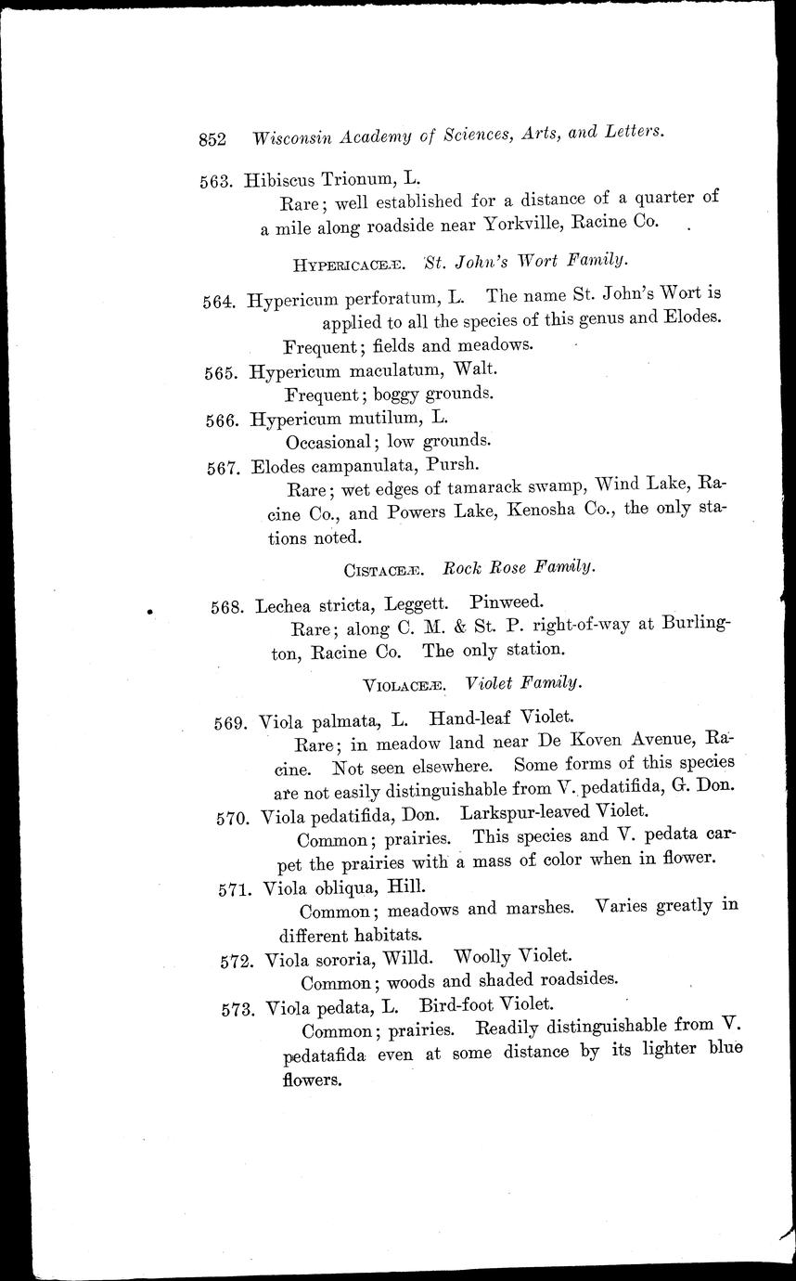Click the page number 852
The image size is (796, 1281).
pos(212,139)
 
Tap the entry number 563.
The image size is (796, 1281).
pos(215,181)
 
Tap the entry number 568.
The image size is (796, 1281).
pos(227,608)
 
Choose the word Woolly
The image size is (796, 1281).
pos(483,955)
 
